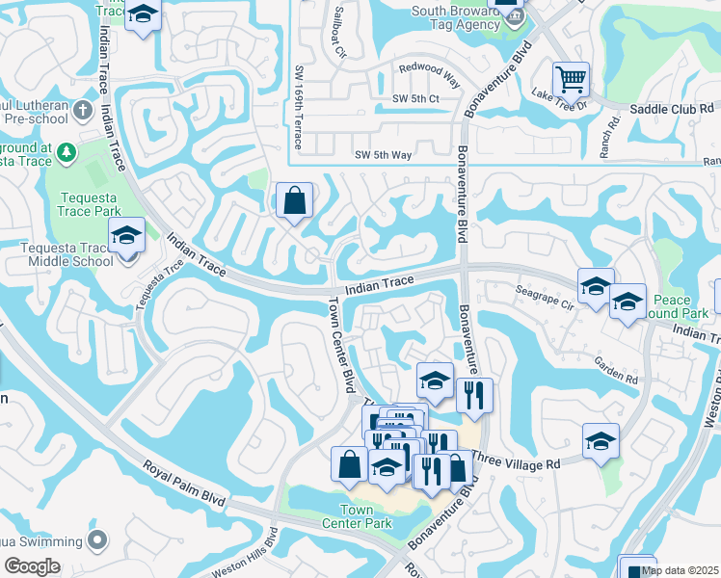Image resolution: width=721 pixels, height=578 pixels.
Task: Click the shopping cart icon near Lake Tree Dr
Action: [x=571, y=77]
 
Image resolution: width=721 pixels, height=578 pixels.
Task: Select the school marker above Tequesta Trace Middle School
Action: [x=126, y=235]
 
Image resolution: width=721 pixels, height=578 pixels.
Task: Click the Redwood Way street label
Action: [x=429, y=69]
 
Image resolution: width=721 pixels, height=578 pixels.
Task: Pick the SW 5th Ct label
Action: [x=415, y=99]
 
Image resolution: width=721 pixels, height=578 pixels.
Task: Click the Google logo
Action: [x=32, y=565]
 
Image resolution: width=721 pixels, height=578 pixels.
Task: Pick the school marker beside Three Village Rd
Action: [x=601, y=441]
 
